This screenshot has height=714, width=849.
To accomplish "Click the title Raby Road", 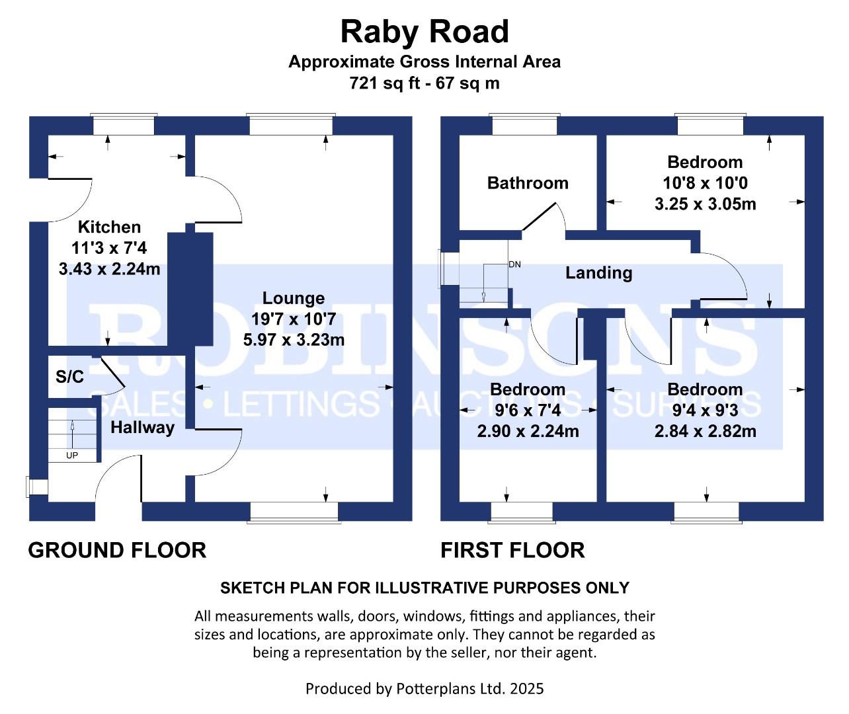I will [x=425, y=32].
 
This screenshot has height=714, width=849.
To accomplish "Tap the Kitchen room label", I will [x=109, y=227].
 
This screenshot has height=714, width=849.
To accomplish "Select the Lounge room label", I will [x=294, y=298].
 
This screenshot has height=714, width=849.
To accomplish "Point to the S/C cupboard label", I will [x=69, y=377].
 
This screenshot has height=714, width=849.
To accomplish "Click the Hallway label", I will [x=142, y=427].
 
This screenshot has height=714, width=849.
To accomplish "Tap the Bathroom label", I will [x=528, y=182].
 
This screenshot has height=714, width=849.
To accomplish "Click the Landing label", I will [x=598, y=272].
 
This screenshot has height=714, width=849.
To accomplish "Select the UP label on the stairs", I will [x=71, y=456].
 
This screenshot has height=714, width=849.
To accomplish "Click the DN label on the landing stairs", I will [x=514, y=264].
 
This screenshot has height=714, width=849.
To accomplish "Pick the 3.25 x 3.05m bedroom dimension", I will [x=705, y=204].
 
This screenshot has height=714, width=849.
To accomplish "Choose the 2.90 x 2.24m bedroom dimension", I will [x=528, y=431].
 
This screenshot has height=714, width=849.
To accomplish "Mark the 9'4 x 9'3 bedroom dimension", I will [x=705, y=410].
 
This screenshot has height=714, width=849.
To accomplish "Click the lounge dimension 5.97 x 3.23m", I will [x=294, y=340].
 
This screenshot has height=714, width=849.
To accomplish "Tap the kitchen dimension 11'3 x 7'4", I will [x=109, y=248].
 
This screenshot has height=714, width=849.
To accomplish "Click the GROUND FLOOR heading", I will [x=117, y=550].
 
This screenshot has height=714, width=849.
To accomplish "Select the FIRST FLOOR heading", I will [x=512, y=550].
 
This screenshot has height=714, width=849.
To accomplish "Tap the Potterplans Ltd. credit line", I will [x=425, y=688].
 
